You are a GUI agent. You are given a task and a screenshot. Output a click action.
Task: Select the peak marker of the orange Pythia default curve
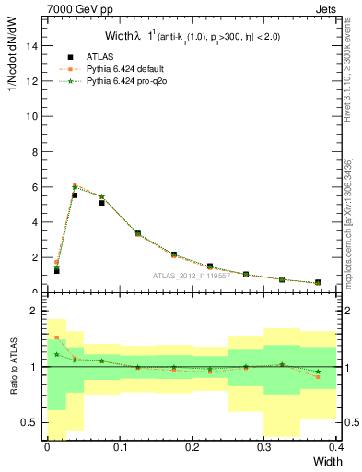[x=75, y=184]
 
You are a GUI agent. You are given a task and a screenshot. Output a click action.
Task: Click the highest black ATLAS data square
[x=75, y=195]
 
